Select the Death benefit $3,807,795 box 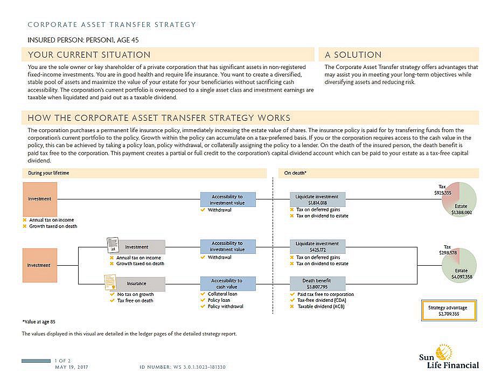[318, 284]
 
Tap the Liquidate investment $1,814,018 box [318, 199]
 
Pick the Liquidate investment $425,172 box [318, 246]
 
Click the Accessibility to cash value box [228, 284]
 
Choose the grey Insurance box [137, 284]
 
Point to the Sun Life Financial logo [449, 356]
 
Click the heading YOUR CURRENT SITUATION [89, 55]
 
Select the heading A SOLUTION [353, 55]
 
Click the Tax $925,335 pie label [443, 189]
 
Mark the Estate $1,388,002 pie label [461, 209]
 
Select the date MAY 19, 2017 [71, 367]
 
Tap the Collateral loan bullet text [222, 294]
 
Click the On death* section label [296, 173]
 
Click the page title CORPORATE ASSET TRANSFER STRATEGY [112, 25]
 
